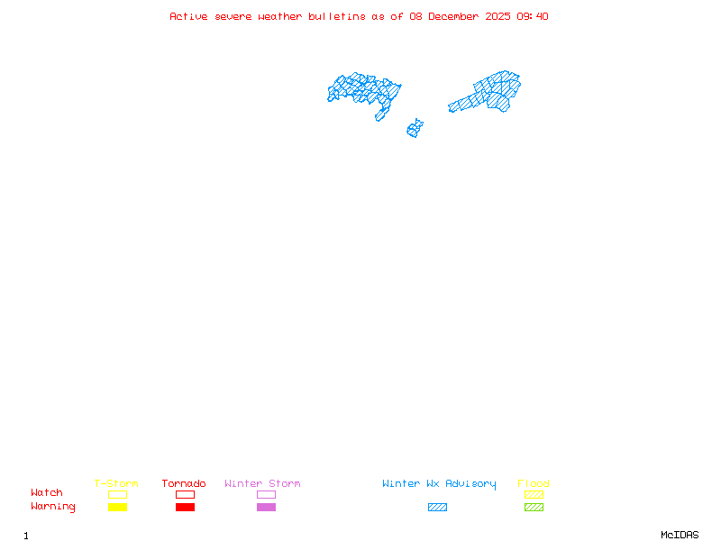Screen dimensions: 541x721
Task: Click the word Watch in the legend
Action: (47, 493)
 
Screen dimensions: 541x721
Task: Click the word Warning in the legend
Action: (53, 507)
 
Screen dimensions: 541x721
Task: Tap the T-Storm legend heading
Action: (116, 484)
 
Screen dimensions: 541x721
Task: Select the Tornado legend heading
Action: (184, 484)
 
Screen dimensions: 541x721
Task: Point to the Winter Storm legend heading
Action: (262, 484)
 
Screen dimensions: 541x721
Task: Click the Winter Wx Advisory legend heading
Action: (439, 484)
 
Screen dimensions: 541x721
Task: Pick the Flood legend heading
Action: (534, 484)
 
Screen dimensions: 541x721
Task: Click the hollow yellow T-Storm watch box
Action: (117, 494)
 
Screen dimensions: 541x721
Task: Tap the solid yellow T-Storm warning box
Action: (117, 507)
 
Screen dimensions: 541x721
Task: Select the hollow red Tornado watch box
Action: (185, 494)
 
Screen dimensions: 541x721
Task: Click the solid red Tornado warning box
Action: (185, 507)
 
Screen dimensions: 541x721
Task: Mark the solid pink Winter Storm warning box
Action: (266, 507)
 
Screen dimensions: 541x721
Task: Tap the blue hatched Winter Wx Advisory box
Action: (437, 507)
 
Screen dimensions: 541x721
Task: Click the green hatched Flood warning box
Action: (534, 507)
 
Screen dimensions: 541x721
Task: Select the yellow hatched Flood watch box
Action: (534, 494)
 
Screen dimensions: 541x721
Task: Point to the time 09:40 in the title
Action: (533, 16)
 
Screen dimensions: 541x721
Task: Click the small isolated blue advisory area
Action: (415, 129)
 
